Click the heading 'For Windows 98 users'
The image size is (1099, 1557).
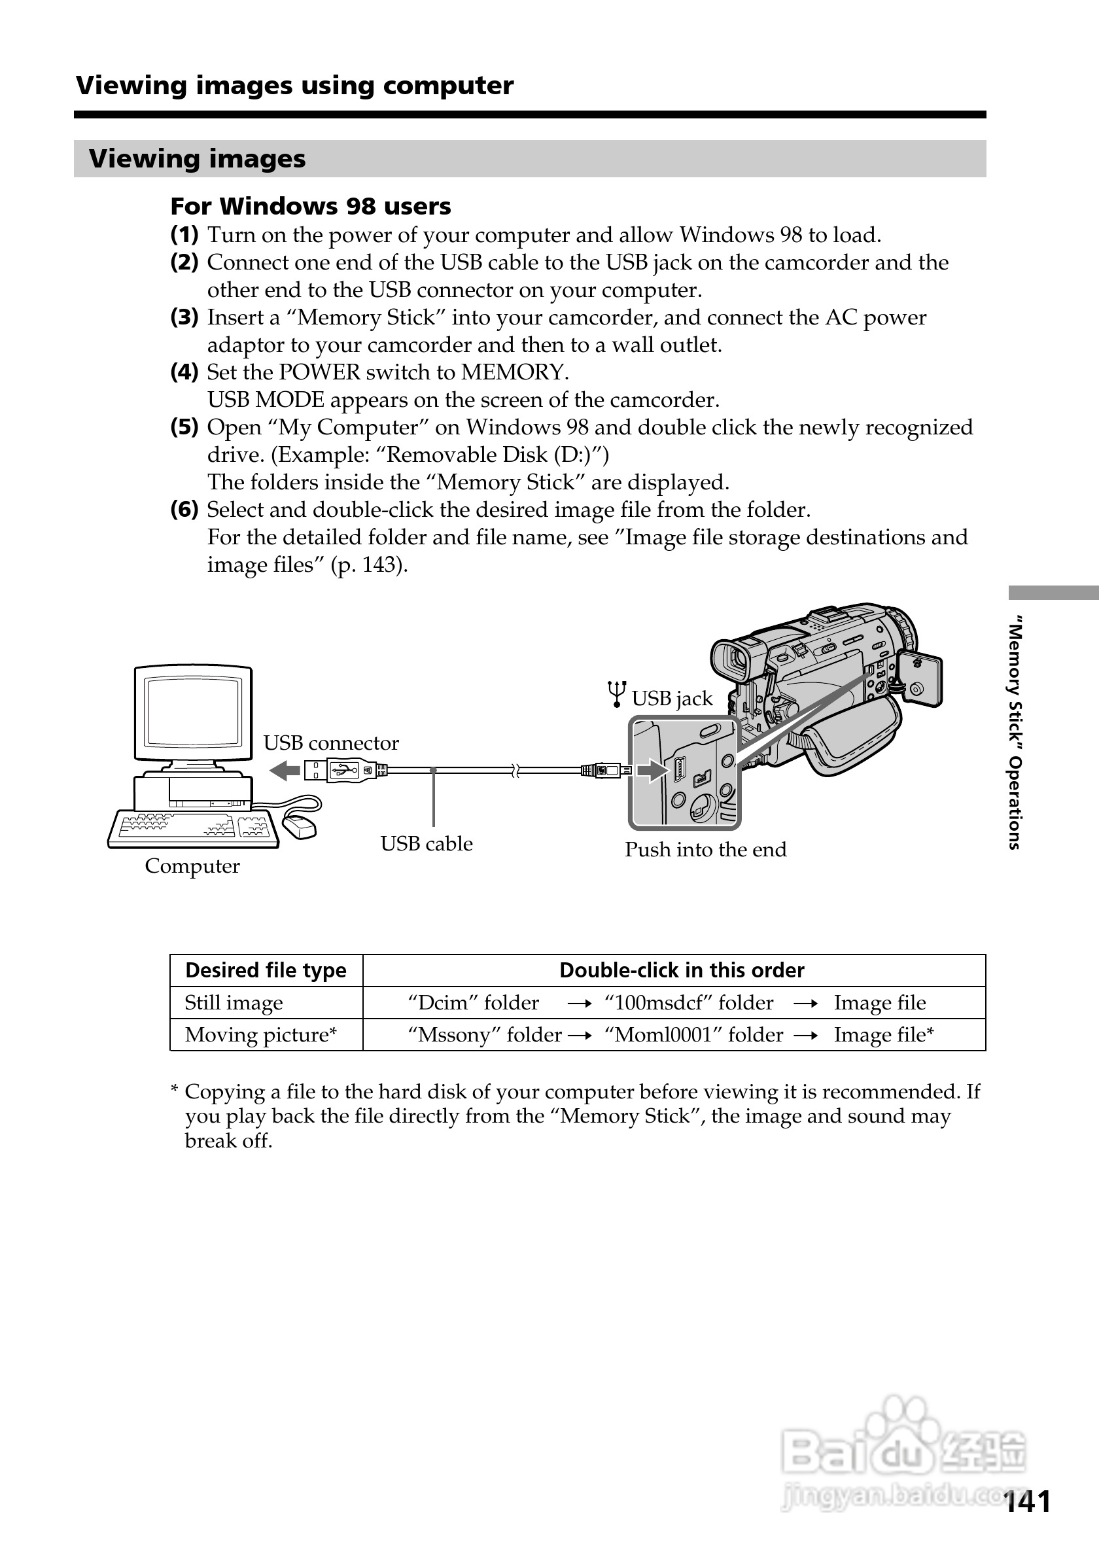point(311,206)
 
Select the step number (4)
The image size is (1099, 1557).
point(184,372)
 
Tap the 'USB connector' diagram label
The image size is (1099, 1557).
point(331,743)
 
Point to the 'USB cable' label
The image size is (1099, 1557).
point(427,844)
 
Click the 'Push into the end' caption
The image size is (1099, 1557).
point(705,850)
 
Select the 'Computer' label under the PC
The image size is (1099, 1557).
point(192,866)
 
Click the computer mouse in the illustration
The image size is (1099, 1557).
point(299,826)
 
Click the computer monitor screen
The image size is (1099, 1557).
point(194,711)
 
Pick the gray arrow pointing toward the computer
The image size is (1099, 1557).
point(285,771)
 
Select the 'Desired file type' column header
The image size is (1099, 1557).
point(266,970)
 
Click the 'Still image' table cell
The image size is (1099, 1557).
point(234,1003)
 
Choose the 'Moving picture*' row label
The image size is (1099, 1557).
point(261,1035)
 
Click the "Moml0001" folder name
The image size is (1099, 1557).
point(659,1035)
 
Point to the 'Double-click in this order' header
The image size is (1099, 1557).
point(682,970)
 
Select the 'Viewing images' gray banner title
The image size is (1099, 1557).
point(198,159)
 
